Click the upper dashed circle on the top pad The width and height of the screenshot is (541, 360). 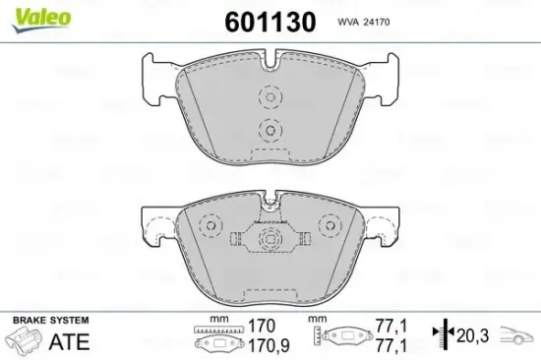[269, 96]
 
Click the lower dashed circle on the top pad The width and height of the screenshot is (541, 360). [269, 131]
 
